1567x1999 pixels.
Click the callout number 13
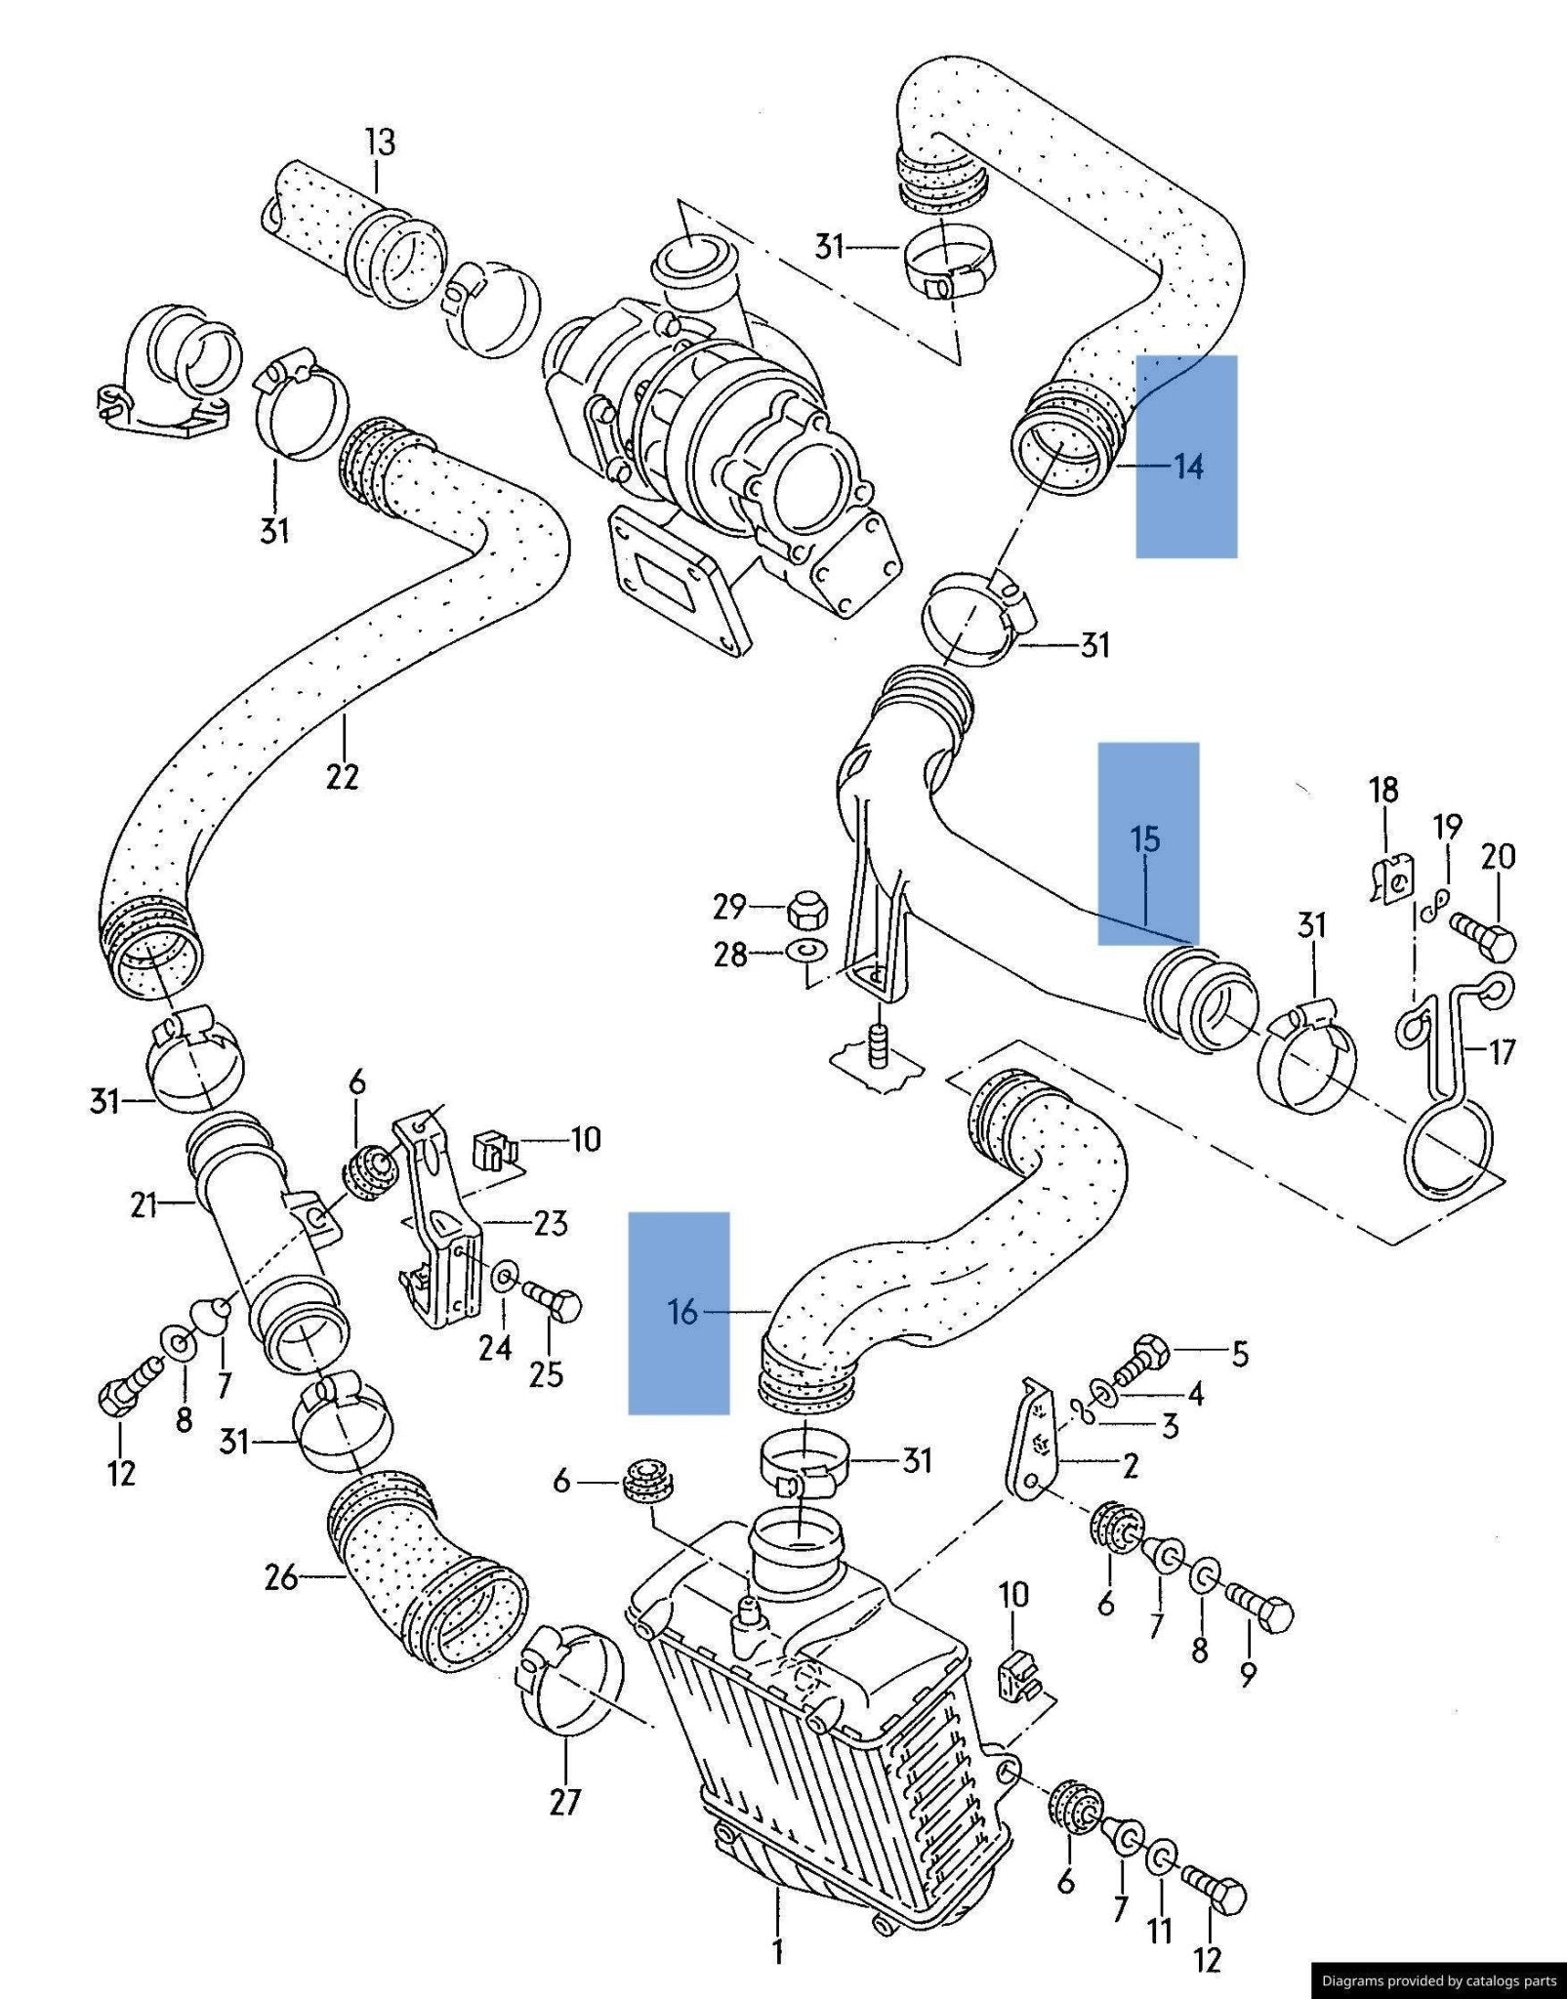tap(380, 143)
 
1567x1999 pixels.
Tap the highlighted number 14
tap(1188, 467)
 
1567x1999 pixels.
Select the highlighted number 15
tap(1145, 838)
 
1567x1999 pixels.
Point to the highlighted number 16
tap(682, 1313)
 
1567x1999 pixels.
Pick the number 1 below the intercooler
tap(777, 1952)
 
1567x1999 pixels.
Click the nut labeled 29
tap(806, 910)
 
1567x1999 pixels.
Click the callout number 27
tap(565, 1801)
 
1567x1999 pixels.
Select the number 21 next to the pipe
tap(144, 1205)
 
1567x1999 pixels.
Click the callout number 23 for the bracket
tap(551, 1222)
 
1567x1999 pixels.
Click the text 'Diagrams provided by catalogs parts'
tap(1438, 1980)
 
